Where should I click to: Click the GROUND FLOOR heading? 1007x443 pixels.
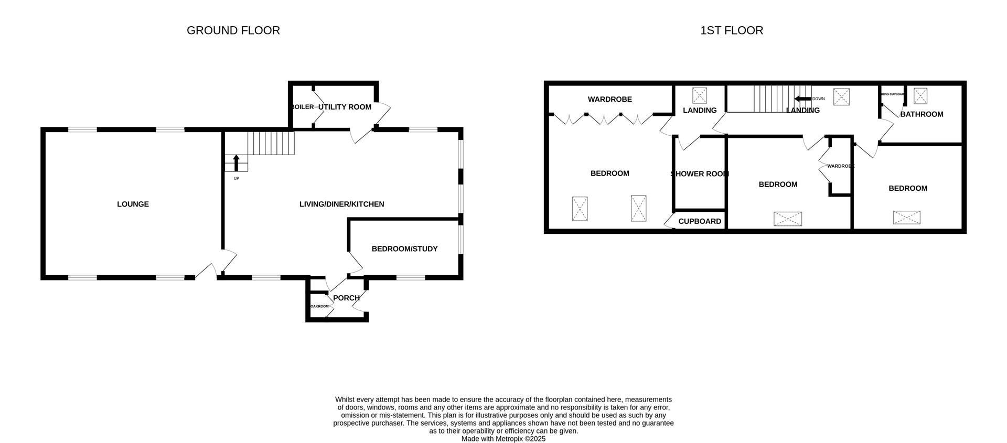[x=233, y=30]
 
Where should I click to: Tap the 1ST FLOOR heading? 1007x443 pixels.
[x=731, y=30]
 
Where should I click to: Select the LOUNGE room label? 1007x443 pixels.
[x=133, y=204]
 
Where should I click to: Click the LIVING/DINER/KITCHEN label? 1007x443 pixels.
[x=341, y=204]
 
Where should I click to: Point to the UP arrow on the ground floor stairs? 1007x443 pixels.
[x=237, y=163]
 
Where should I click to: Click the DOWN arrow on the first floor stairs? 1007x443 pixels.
[x=802, y=99]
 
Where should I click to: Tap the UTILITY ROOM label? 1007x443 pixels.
[x=345, y=107]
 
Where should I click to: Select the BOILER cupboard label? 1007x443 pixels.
[x=302, y=107]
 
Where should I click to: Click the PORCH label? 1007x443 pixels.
[x=346, y=298]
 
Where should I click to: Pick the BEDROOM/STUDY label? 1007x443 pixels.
[x=404, y=249]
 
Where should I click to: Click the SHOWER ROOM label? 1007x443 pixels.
[x=700, y=174]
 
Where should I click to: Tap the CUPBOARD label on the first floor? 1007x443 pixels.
[x=700, y=221]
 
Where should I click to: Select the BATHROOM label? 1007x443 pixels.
[x=922, y=114]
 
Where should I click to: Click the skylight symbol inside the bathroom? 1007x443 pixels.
[x=920, y=95]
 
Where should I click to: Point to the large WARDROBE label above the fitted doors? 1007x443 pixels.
[x=609, y=99]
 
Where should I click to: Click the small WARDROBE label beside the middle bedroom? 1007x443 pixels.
[x=840, y=166]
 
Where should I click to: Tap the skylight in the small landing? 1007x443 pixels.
[x=700, y=95]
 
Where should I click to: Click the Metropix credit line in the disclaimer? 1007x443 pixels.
[x=503, y=439]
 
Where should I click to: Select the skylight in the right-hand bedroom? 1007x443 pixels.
[x=907, y=218]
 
